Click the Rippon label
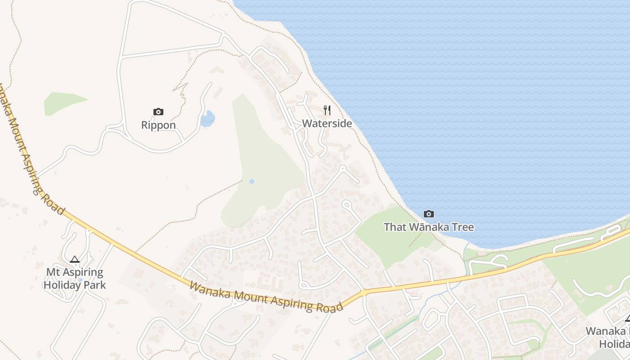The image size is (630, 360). (x=158, y=125)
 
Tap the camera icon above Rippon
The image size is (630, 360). (x=158, y=112)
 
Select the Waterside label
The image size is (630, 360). (x=327, y=123)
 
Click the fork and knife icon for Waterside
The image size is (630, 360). (x=327, y=110)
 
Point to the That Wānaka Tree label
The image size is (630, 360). (x=428, y=227)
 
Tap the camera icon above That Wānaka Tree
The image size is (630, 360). (x=429, y=214)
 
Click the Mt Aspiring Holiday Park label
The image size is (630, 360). (x=75, y=279)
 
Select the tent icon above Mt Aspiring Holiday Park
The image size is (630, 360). (x=75, y=259)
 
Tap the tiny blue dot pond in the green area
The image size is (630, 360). (x=252, y=181)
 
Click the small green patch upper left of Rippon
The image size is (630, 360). (x=63, y=102)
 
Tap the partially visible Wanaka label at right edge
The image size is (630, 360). (x=607, y=332)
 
